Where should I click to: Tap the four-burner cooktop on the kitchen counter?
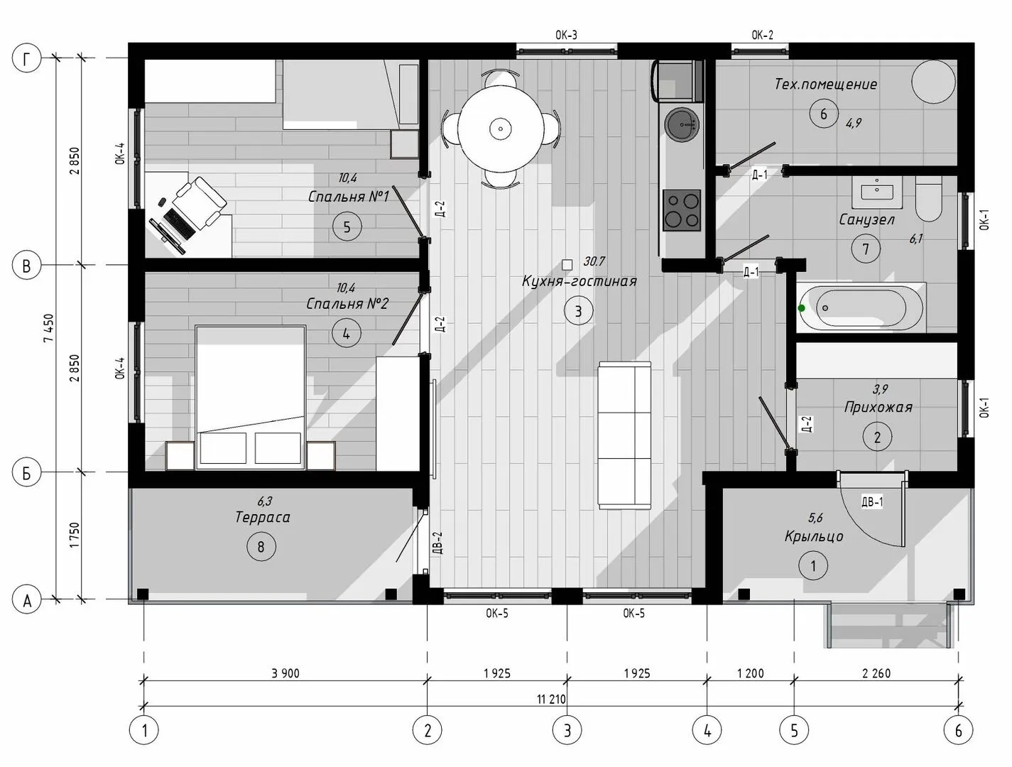[682, 210]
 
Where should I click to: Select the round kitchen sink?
[682, 124]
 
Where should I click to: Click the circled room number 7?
[866, 249]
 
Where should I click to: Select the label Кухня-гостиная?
[579, 281]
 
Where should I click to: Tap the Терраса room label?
[262, 517]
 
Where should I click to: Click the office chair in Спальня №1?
[199, 203]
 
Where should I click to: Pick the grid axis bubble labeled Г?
[26, 58]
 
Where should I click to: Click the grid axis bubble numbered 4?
[707, 731]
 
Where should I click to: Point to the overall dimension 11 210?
[551, 700]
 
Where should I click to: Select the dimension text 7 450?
[48, 328]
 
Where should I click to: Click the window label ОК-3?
[566, 35]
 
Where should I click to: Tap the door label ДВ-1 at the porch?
[872, 502]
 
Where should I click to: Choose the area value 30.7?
[594, 261]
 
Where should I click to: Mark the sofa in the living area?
[625, 435]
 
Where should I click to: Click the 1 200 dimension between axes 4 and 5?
[751, 673]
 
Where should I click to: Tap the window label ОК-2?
[762, 35]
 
